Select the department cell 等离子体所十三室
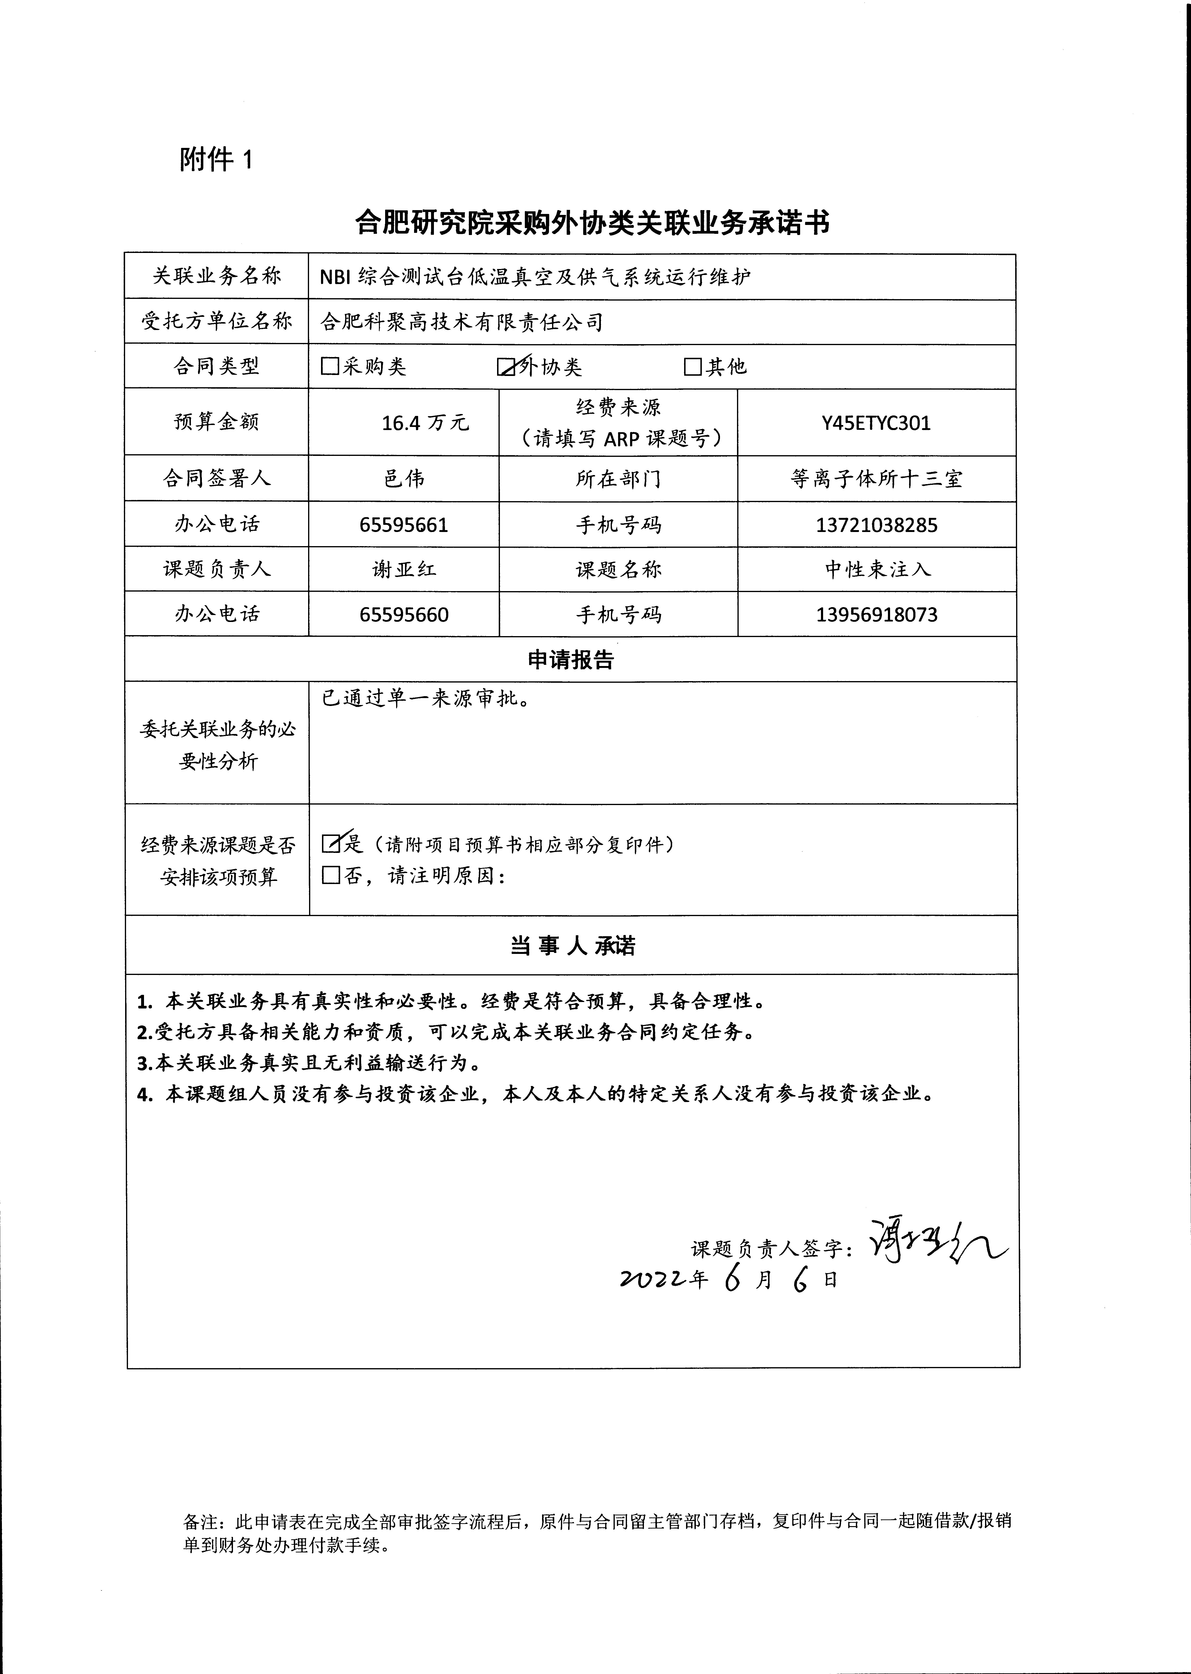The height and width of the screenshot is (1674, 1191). [x=876, y=479]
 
